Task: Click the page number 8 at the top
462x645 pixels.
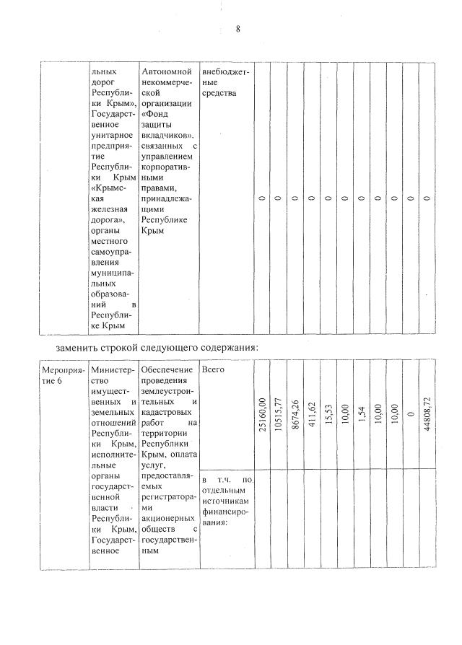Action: [x=237, y=29]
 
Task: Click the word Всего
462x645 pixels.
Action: [x=214, y=369]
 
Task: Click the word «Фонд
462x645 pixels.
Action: [x=157, y=114]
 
